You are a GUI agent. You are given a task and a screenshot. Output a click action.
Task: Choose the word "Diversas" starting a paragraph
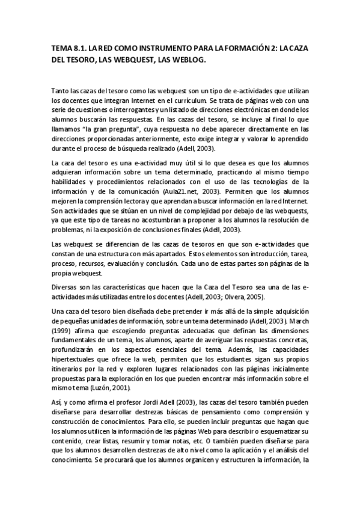point(66,287)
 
